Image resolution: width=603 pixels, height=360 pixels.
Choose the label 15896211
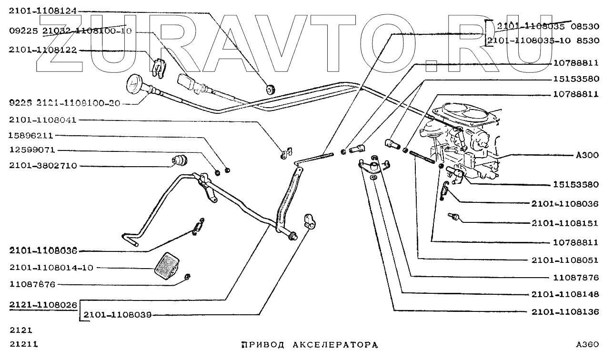32,135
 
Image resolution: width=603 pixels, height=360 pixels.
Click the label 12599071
32,150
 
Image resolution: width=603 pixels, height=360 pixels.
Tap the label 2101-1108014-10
51,268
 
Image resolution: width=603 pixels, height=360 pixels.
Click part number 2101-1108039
117,315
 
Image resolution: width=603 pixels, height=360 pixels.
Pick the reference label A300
587,156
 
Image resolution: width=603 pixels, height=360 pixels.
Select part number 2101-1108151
564,223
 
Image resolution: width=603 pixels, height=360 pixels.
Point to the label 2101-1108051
564,260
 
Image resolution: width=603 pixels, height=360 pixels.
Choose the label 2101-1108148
564,294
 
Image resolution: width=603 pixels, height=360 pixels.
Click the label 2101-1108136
564,312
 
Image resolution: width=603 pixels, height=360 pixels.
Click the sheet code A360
586,344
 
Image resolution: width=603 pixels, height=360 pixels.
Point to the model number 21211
23,344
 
